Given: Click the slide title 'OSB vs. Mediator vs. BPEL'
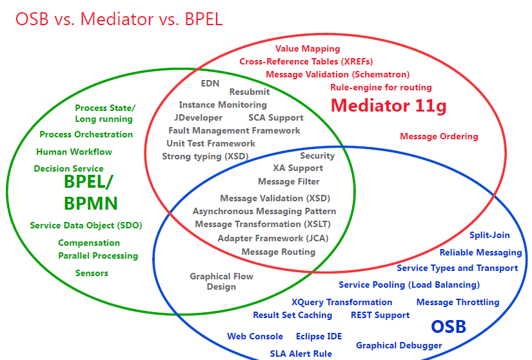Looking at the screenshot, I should (x=119, y=19).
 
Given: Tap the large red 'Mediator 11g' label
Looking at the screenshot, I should (x=388, y=105).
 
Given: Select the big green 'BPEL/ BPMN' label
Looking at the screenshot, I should (x=90, y=193).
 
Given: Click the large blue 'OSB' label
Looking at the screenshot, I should (x=448, y=326).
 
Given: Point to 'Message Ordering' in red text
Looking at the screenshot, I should (x=438, y=136).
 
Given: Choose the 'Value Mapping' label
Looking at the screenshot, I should (x=308, y=48).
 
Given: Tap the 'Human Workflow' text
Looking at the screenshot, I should (x=74, y=152).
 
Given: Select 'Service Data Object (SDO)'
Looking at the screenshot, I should (x=86, y=225).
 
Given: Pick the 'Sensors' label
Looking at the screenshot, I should (x=92, y=273).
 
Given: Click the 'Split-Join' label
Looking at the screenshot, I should (x=489, y=235).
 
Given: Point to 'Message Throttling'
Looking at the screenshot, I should (x=457, y=302).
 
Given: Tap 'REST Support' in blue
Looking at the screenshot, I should (x=380, y=315).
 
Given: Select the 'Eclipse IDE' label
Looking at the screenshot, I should (x=319, y=336).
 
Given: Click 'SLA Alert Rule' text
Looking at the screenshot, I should (x=300, y=353).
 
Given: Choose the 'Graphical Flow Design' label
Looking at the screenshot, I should (x=221, y=281).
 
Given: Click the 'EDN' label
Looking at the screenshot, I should (x=210, y=83).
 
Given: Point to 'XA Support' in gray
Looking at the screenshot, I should (x=297, y=168).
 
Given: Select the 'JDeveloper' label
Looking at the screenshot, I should (x=198, y=117).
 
